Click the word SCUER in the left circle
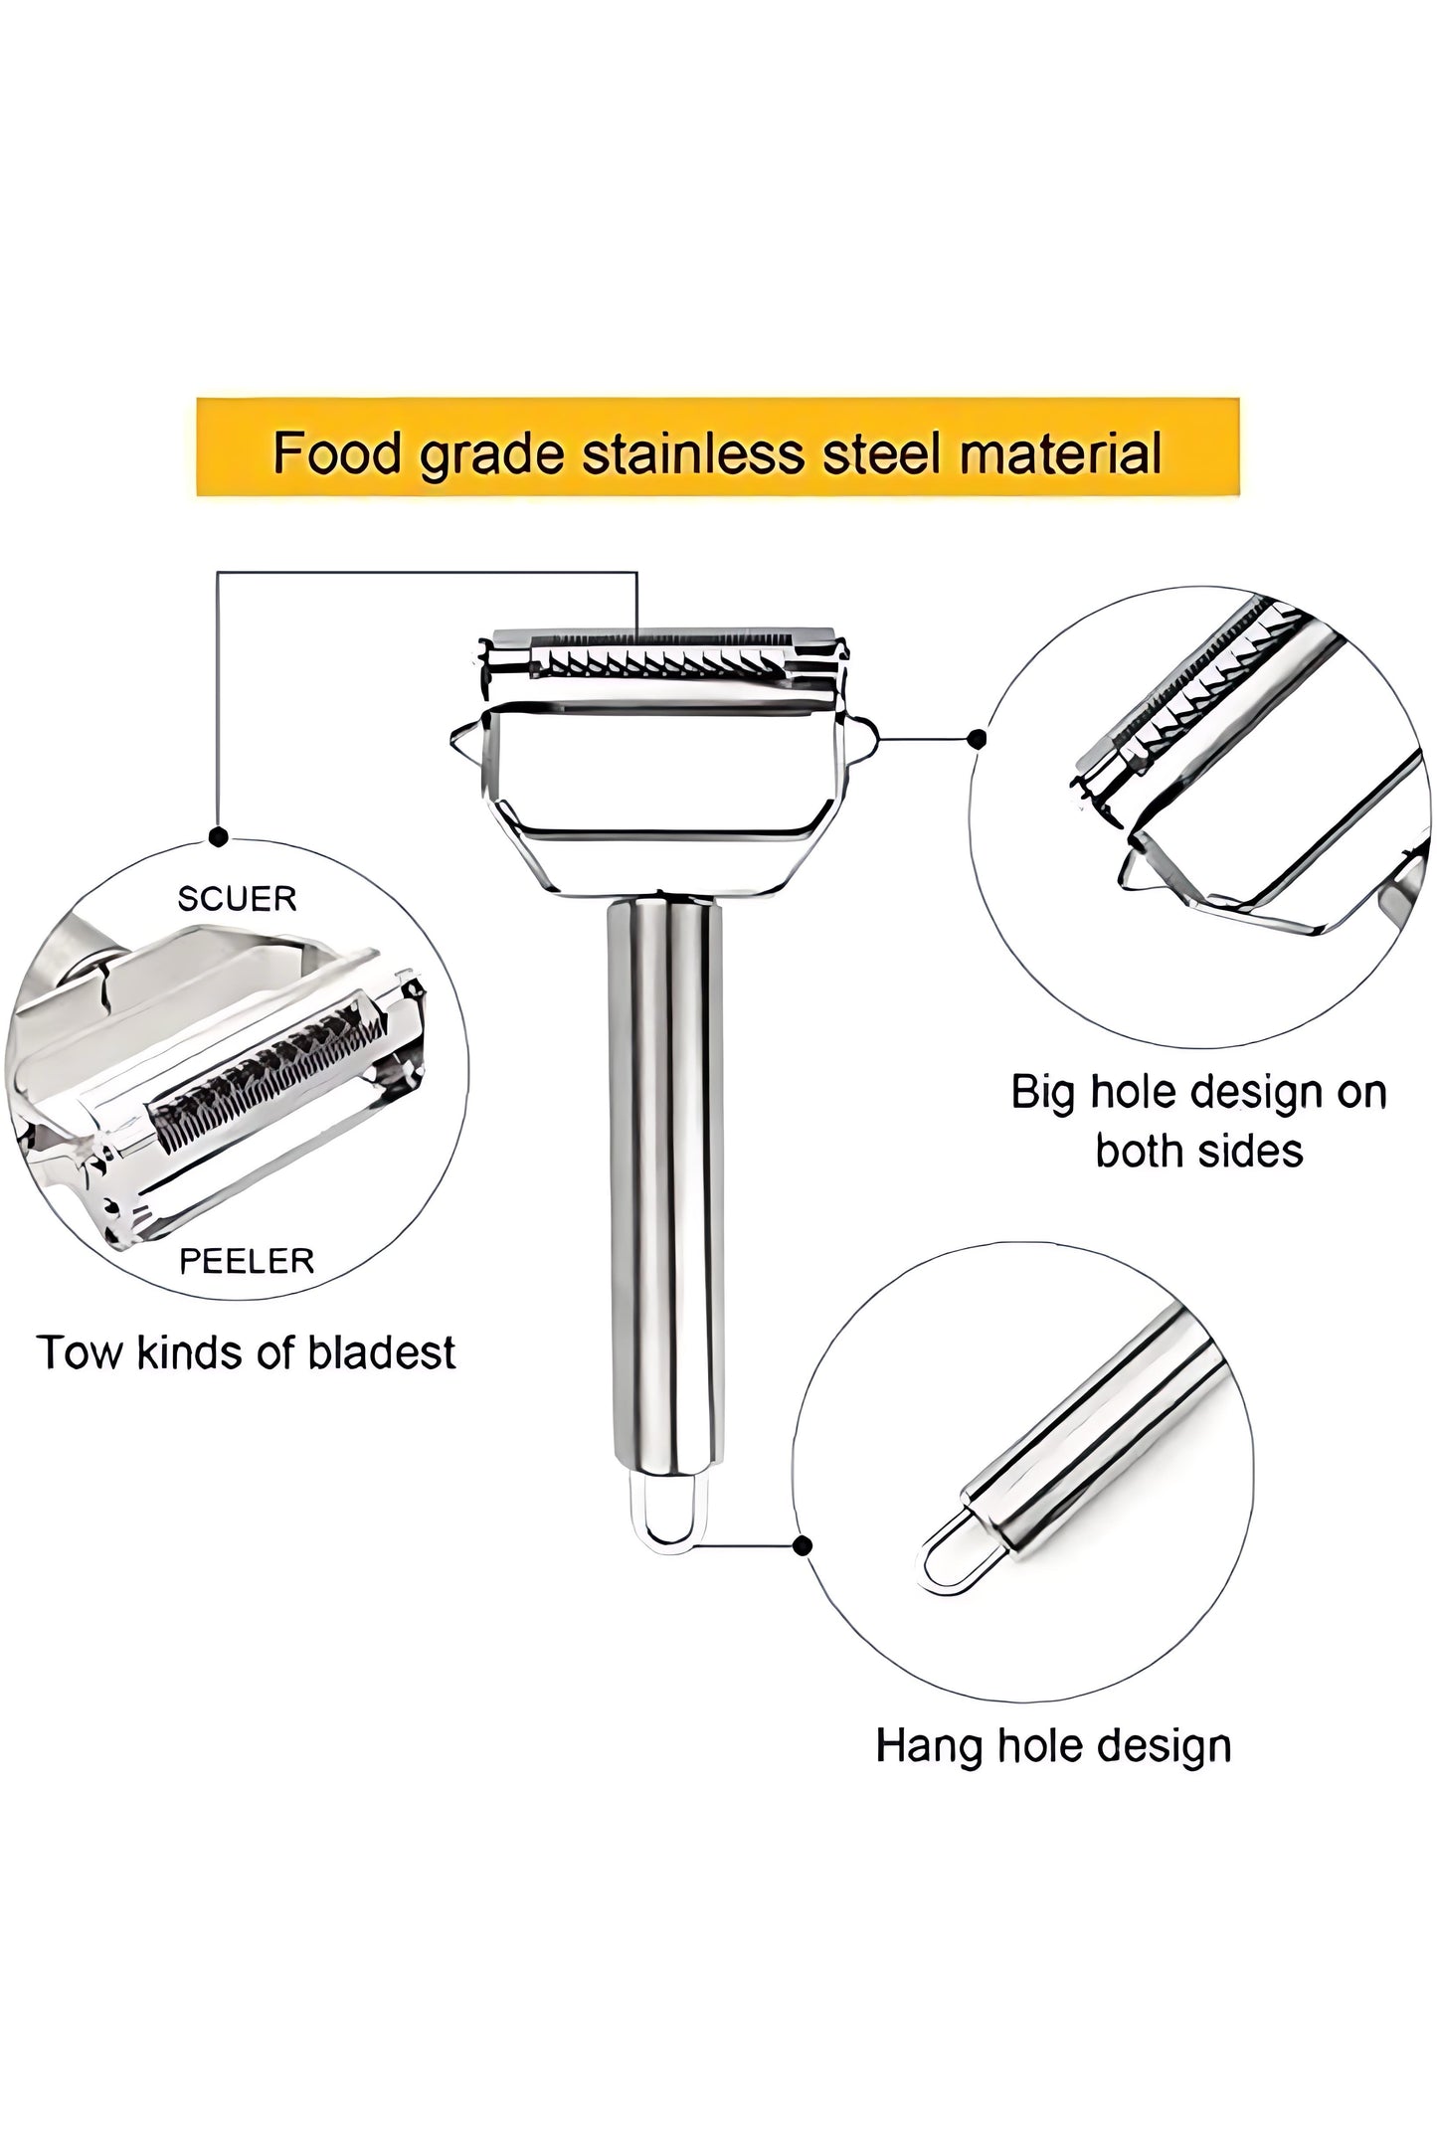[237, 899]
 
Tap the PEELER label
[246, 1261]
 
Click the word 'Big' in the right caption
[1044, 1092]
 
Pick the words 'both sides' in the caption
[1198, 1151]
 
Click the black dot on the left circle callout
[218, 837]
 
